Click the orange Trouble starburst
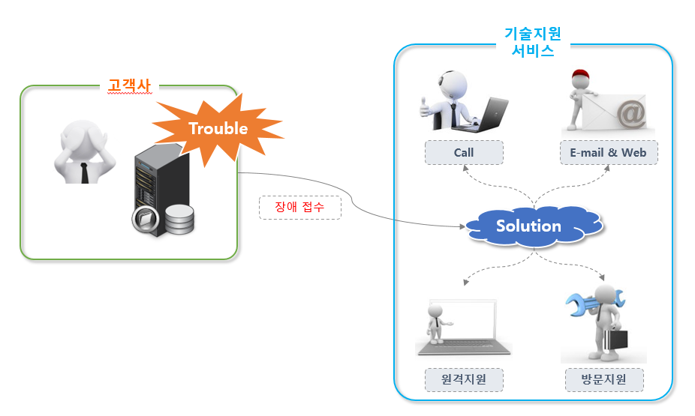pyautogui.click(x=218, y=129)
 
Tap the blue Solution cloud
pyautogui.click(x=528, y=226)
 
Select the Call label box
pyautogui.click(x=464, y=153)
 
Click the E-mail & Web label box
pyautogui.click(x=608, y=153)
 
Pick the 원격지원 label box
pyautogui.click(x=464, y=379)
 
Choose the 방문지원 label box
pyautogui.click(x=604, y=379)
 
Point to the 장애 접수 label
pyautogui.click(x=300, y=208)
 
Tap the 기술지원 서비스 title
pyautogui.click(x=533, y=42)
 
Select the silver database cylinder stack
pyautogui.click(x=179, y=220)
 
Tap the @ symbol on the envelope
pyautogui.click(x=630, y=115)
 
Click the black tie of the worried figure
pyautogui.click(x=85, y=172)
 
